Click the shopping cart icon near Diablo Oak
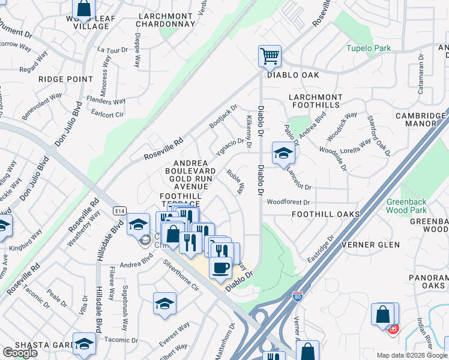pyautogui.click(x=270, y=56)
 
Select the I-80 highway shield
pyautogui.click(x=297, y=296)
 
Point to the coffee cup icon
pyautogui.click(x=220, y=266)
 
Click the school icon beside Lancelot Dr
pyautogui.click(x=283, y=153)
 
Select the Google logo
pyautogui.click(x=20, y=352)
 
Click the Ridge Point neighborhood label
pyautogui.click(x=65, y=79)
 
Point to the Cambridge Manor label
pyautogui.click(x=420, y=119)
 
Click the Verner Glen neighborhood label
pyautogui.click(x=370, y=245)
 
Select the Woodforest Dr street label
pyautogui.click(x=288, y=203)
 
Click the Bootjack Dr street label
pyautogui.click(x=220, y=116)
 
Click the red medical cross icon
pyautogui.click(x=394, y=329)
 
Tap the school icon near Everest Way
pyautogui.click(x=164, y=304)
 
